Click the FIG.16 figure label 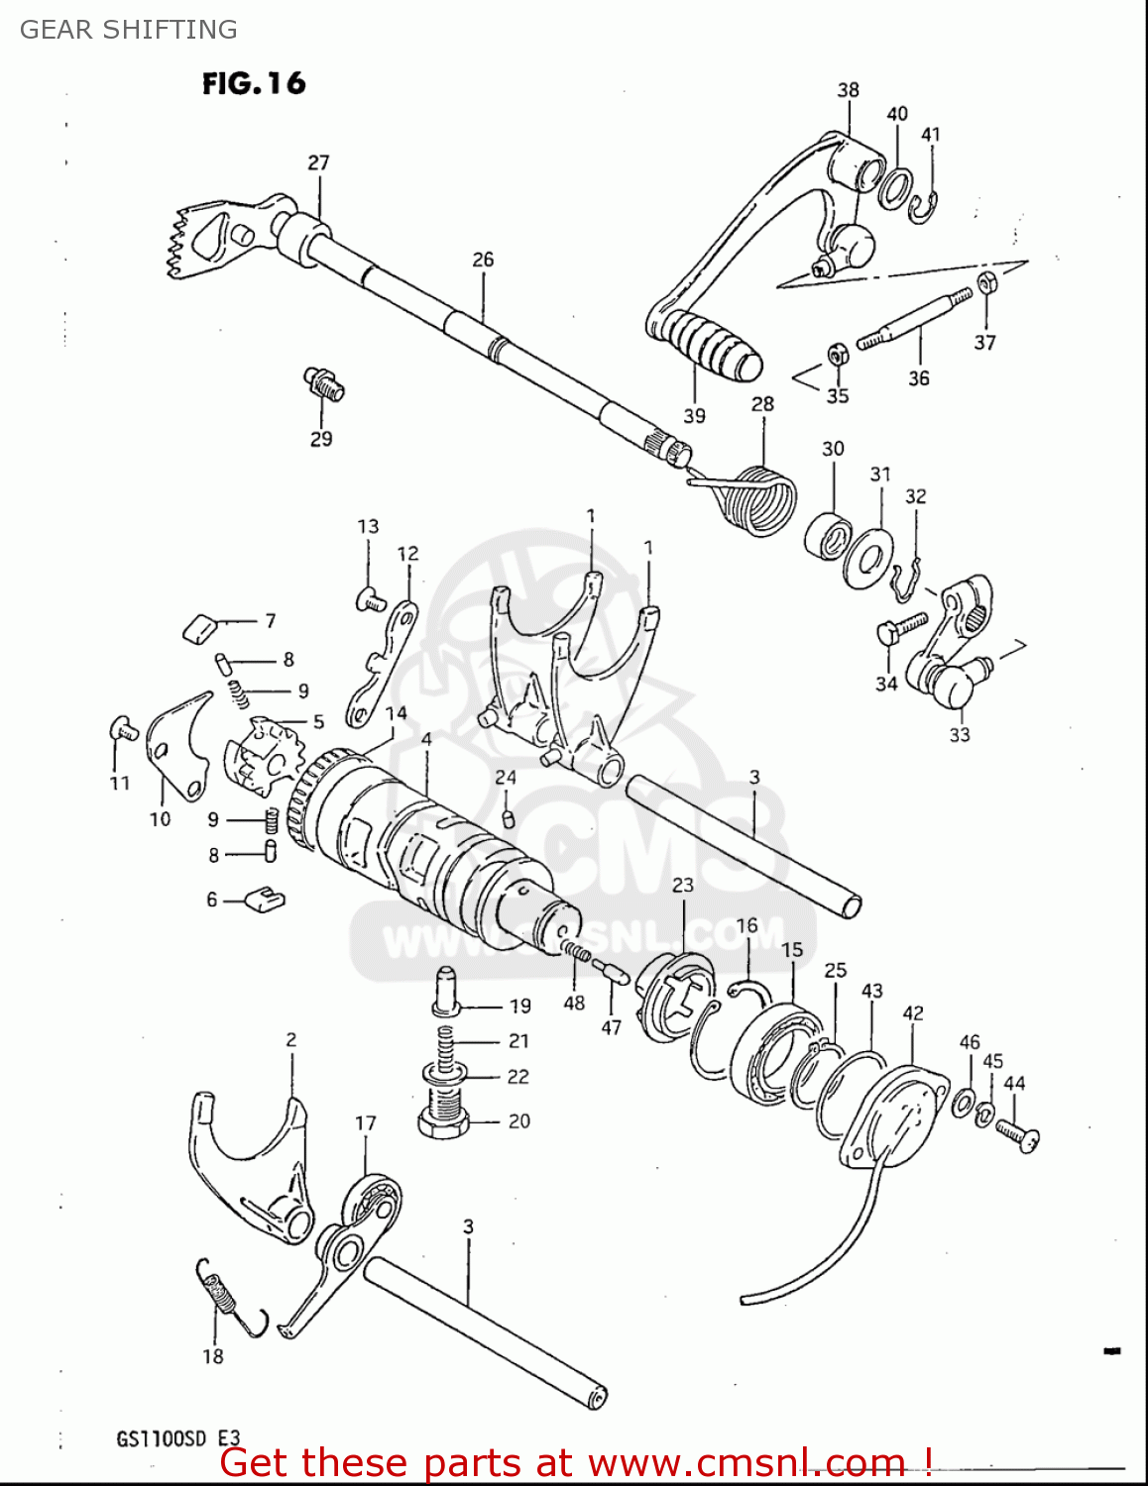[x=254, y=83]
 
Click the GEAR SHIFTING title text [x=129, y=30]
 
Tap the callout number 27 [x=318, y=162]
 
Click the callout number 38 [x=848, y=90]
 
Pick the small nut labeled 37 [x=986, y=283]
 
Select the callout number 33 [x=959, y=735]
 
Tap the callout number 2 [x=290, y=1040]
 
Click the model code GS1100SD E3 [x=178, y=1438]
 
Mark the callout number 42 [x=913, y=1013]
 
